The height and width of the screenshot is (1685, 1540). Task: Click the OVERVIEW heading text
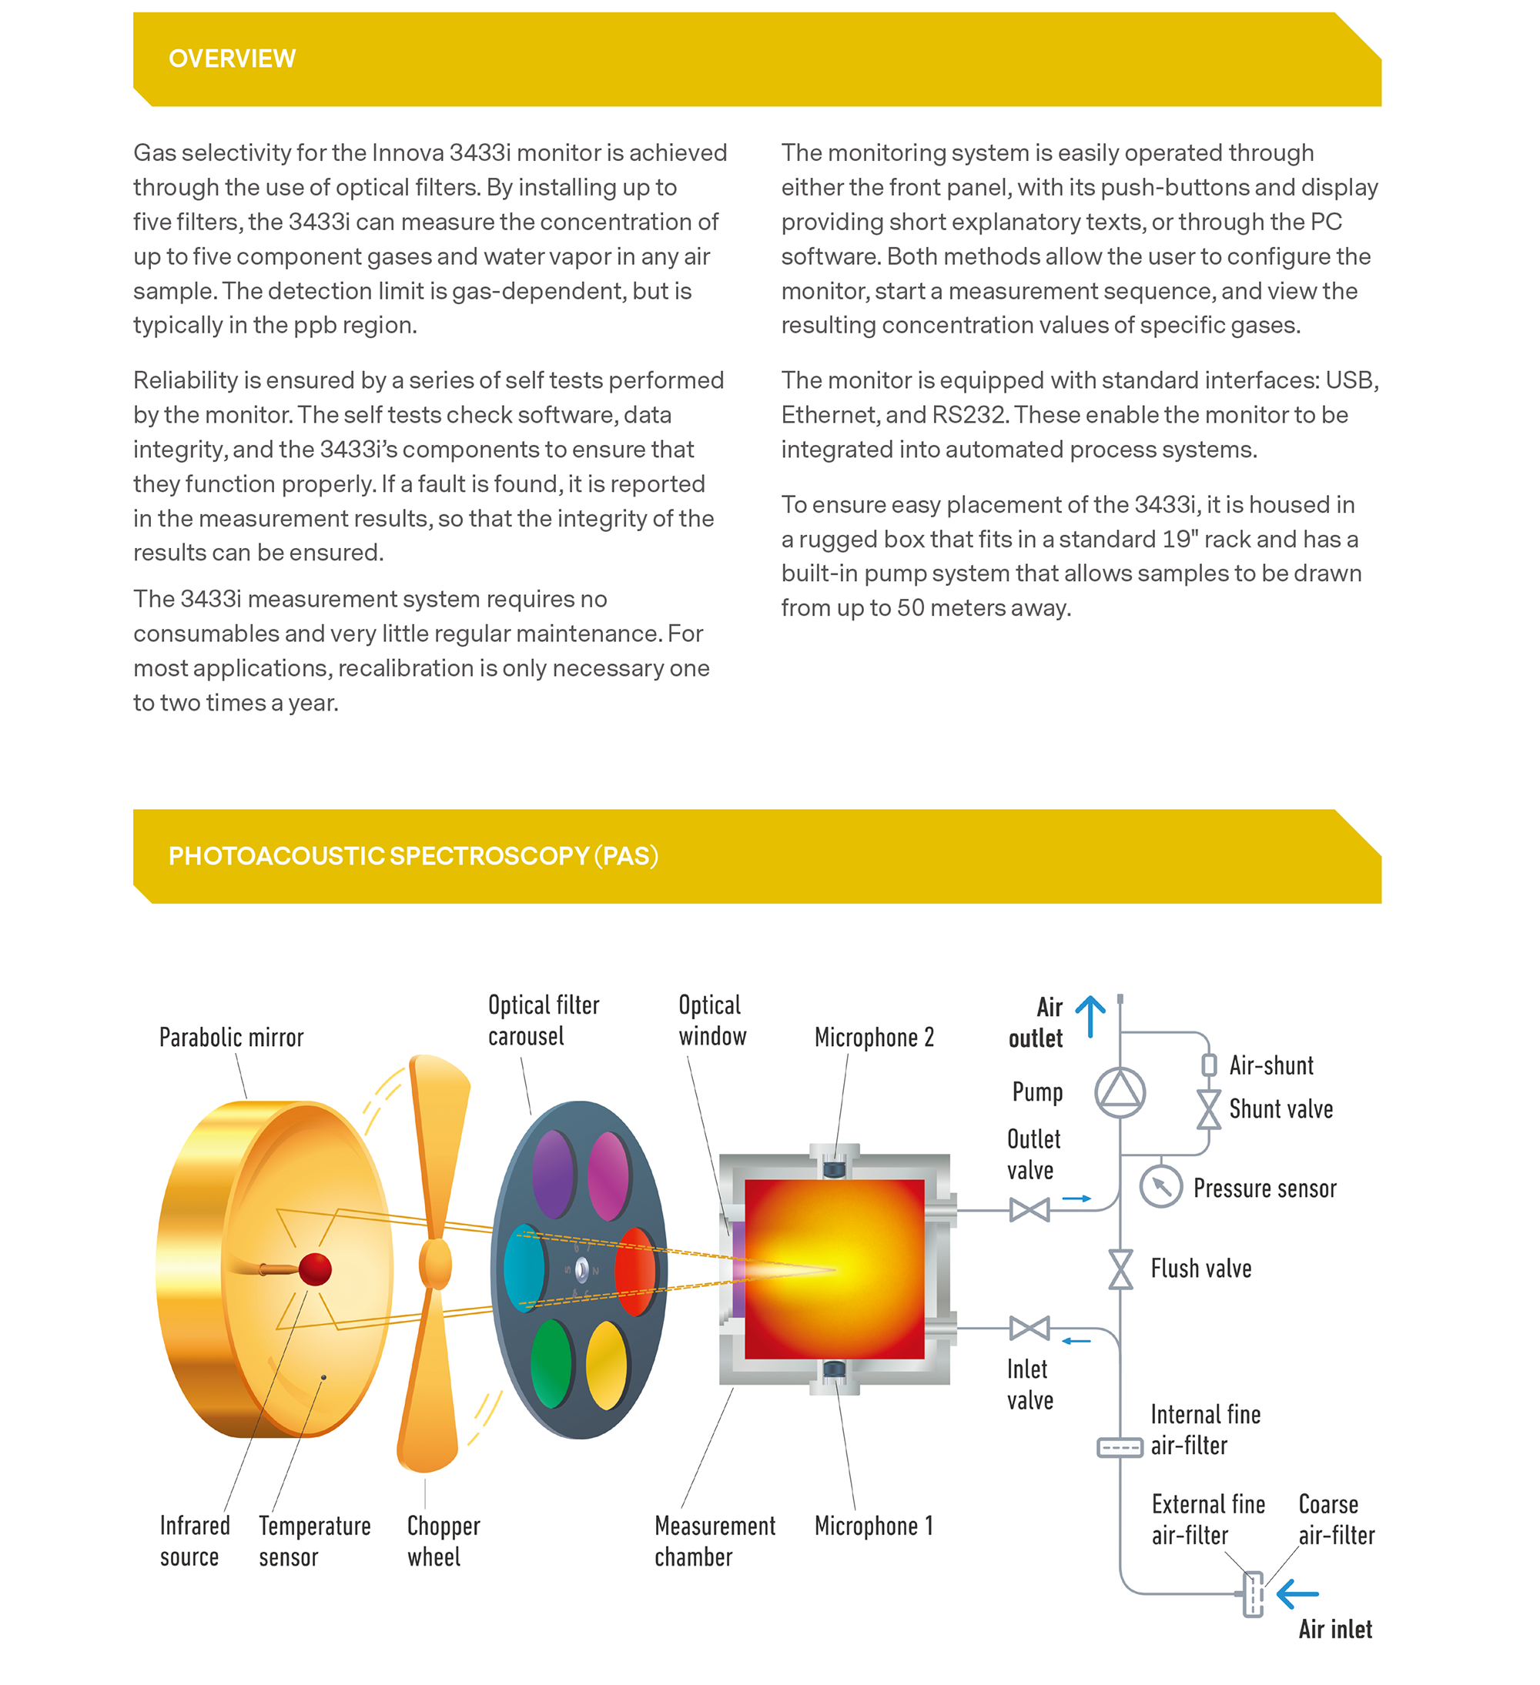[232, 59]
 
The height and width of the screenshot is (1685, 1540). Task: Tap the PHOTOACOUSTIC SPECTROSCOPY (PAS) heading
[413, 856]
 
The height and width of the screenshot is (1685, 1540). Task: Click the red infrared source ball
[315, 1269]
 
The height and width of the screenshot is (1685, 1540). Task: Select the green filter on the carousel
[552, 1363]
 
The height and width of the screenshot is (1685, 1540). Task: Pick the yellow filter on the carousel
[607, 1363]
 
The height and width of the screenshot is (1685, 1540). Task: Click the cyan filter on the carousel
[524, 1268]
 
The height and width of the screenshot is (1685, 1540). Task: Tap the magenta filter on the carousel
[608, 1176]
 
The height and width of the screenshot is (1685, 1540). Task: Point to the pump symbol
[1120, 1092]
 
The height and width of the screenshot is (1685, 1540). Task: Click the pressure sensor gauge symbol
[1160, 1186]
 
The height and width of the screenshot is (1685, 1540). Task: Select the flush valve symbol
[1120, 1269]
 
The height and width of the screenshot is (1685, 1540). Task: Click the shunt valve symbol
[1208, 1109]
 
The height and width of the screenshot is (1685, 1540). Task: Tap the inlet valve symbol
[1029, 1327]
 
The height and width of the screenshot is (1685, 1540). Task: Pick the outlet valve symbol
[1029, 1209]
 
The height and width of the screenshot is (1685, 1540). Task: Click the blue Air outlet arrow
[1090, 1015]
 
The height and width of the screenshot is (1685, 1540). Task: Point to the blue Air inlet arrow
[1297, 1593]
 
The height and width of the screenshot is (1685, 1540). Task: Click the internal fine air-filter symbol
[1120, 1447]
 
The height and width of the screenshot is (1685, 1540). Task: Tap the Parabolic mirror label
[231, 1037]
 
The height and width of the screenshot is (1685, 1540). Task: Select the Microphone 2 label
[874, 1037]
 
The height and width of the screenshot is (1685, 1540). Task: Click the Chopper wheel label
[443, 1541]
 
